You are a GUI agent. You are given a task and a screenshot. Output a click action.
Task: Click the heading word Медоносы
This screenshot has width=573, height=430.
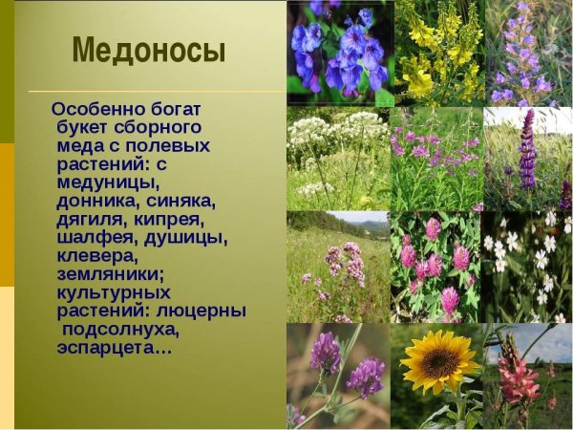click(149, 50)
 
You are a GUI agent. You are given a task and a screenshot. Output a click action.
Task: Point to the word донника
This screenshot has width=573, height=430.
click(93, 201)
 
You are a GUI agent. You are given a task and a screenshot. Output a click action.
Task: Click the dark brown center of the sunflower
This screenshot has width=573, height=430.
click(440, 362)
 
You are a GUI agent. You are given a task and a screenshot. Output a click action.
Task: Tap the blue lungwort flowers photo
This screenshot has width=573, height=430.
click(340, 53)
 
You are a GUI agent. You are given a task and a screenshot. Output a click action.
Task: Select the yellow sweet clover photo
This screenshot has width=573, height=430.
click(439, 53)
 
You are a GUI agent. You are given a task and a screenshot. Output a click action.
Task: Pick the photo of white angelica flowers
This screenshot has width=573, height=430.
click(338, 159)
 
